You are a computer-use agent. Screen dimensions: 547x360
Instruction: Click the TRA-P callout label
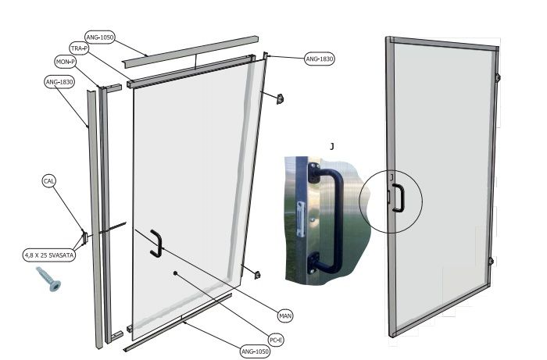click(x=79, y=48)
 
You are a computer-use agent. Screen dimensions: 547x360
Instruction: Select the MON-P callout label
click(x=66, y=62)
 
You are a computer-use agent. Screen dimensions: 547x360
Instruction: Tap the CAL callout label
click(x=48, y=181)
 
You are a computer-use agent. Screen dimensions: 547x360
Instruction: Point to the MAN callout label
click(x=285, y=316)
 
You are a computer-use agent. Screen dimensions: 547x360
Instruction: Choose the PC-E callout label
click(x=276, y=340)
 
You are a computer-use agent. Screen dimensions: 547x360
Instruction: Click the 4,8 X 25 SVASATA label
click(x=48, y=255)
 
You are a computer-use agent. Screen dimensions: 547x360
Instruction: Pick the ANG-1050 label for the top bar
click(x=100, y=37)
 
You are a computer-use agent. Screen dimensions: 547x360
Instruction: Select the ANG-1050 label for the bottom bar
click(x=256, y=351)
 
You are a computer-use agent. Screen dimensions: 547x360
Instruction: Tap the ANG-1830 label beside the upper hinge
click(x=320, y=59)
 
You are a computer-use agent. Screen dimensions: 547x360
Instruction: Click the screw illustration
click(x=48, y=279)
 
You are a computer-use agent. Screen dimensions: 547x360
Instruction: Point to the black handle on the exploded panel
click(x=156, y=243)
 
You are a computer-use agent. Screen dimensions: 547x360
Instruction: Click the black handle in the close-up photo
click(x=324, y=219)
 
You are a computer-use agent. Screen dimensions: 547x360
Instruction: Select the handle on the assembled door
click(x=399, y=198)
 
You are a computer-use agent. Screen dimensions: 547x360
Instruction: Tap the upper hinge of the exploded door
click(x=280, y=99)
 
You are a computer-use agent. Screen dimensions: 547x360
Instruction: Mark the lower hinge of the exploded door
click(x=257, y=275)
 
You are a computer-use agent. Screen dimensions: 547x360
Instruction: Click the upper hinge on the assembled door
click(x=498, y=77)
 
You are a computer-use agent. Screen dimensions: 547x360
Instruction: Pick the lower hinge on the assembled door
click(x=491, y=262)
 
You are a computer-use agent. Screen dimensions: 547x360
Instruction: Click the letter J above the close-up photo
click(x=332, y=146)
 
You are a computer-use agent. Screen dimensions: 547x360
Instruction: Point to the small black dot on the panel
click(x=176, y=273)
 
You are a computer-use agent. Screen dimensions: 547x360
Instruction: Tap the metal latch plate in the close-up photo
click(x=301, y=219)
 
